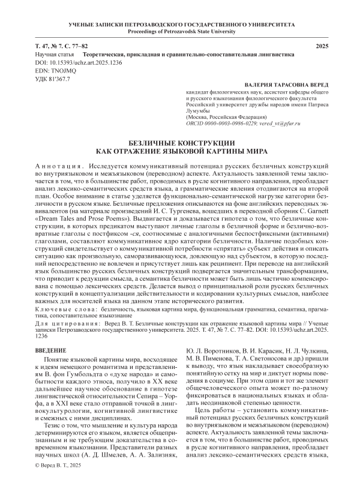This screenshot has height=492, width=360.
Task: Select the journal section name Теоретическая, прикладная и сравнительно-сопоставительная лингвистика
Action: (188, 55)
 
